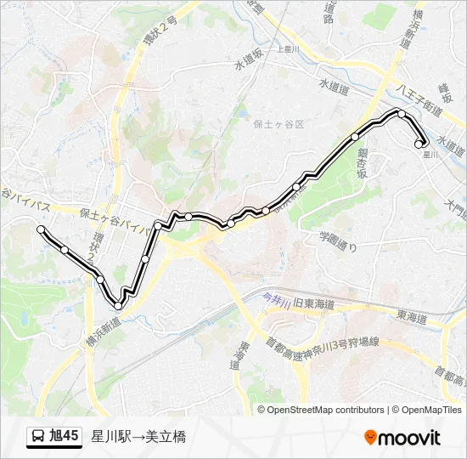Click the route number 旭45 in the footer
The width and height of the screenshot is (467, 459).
click(65, 437)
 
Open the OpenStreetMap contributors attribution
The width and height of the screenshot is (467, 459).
click(326, 410)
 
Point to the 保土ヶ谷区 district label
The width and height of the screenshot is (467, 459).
click(278, 123)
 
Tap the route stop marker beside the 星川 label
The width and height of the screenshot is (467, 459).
click(419, 144)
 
